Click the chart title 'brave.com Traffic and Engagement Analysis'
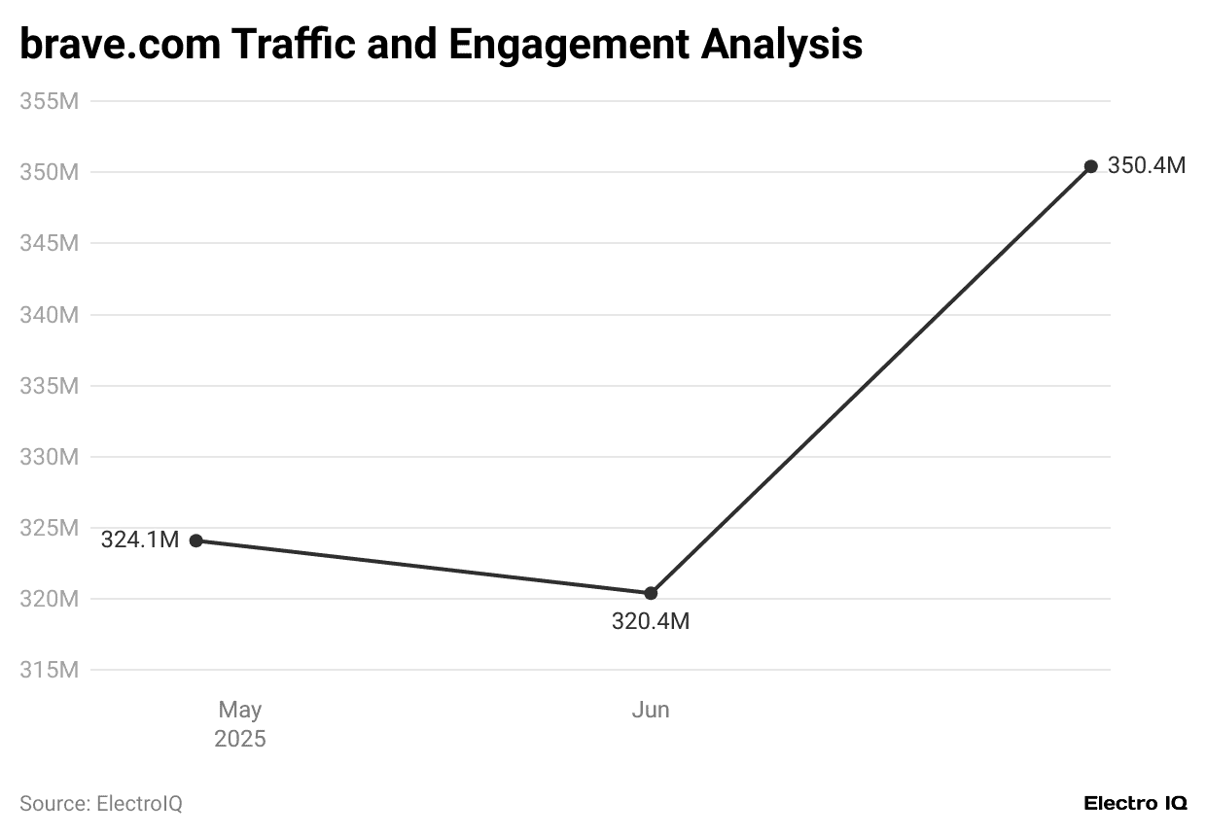pyautogui.click(x=441, y=45)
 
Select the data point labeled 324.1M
pyautogui.click(x=195, y=540)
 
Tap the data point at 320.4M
pyautogui.click(x=651, y=593)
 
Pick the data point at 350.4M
pyautogui.click(x=1091, y=166)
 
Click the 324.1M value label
pyautogui.click(x=140, y=540)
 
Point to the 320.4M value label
pyautogui.click(x=651, y=621)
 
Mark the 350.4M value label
pyautogui.click(x=1147, y=166)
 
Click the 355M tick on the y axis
pyautogui.click(x=49, y=101)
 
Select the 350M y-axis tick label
pyautogui.click(x=49, y=172)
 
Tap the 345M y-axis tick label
pyautogui.click(x=49, y=243)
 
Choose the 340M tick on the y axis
pyautogui.click(x=49, y=315)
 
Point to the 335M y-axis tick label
pyautogui.click(x=49, y=386)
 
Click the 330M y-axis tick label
pyautogui.click(x=49, y=457)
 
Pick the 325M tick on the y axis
pyautogui.click(x=49, y=528)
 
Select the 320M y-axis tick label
pyautogui.click(x=49, y=599)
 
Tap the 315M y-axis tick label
pyautogui.click(x=49, y=670)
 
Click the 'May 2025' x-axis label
pyautogui.click(x=240, y=724)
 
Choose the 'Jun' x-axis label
pyautogui.click(x=651, y=711)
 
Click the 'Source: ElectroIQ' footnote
pyautogui.click(x=101, y=804)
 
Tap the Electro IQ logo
pyautogui.click(x=1135, y=804)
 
